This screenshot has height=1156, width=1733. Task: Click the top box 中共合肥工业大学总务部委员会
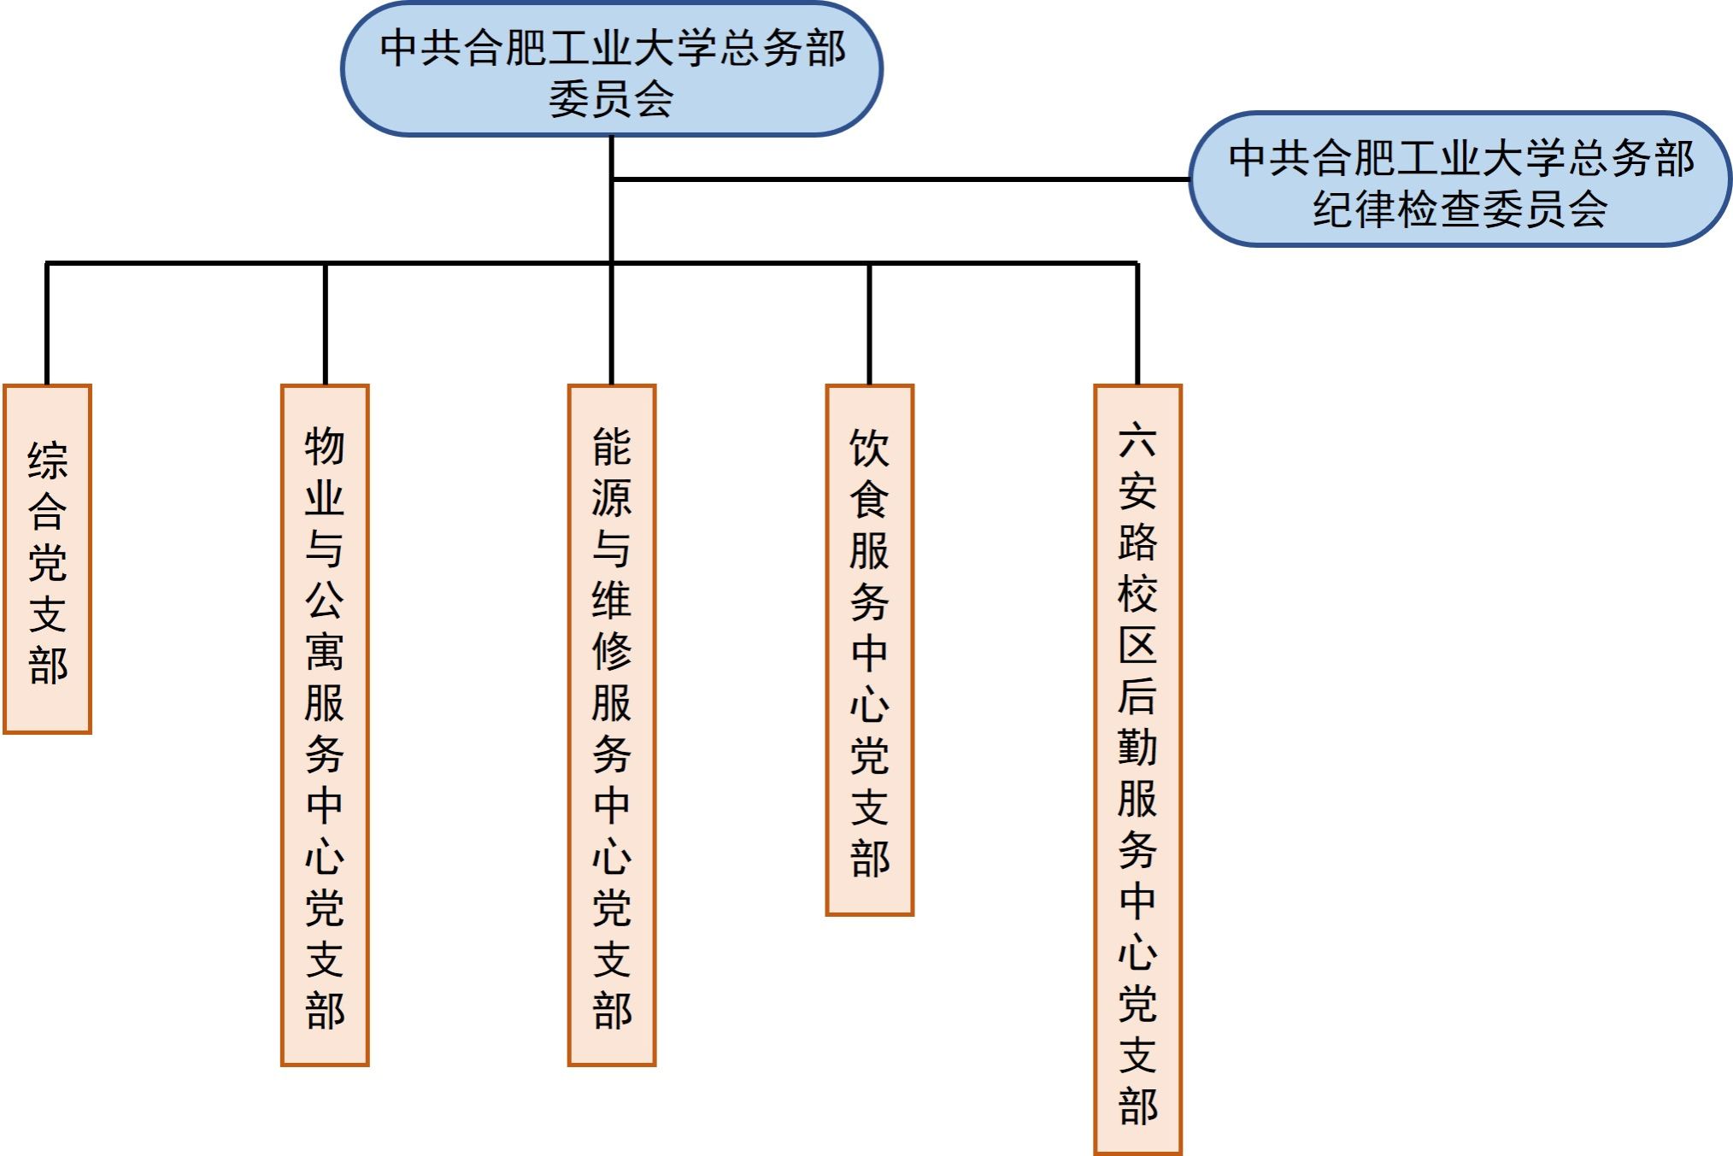611,68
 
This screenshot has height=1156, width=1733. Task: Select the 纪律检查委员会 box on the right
1460,179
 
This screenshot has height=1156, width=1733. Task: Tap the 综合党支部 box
47,559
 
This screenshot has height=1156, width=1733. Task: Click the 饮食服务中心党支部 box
869,649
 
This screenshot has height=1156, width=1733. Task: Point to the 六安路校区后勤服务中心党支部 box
1137,769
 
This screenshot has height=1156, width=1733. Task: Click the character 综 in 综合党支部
47,461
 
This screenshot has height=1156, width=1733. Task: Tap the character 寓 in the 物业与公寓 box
325,652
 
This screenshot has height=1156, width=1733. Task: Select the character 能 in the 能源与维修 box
612,447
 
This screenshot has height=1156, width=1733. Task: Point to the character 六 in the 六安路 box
1137,440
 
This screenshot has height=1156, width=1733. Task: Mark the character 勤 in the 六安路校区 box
1137,748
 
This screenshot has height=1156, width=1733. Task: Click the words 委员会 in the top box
611,99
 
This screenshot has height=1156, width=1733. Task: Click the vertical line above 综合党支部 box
47,325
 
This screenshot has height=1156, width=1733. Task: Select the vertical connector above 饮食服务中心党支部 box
869,325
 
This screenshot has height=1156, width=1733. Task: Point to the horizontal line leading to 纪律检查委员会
897,179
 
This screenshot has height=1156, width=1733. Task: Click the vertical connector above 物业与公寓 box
326,325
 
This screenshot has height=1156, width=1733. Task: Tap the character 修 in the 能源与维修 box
612,652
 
